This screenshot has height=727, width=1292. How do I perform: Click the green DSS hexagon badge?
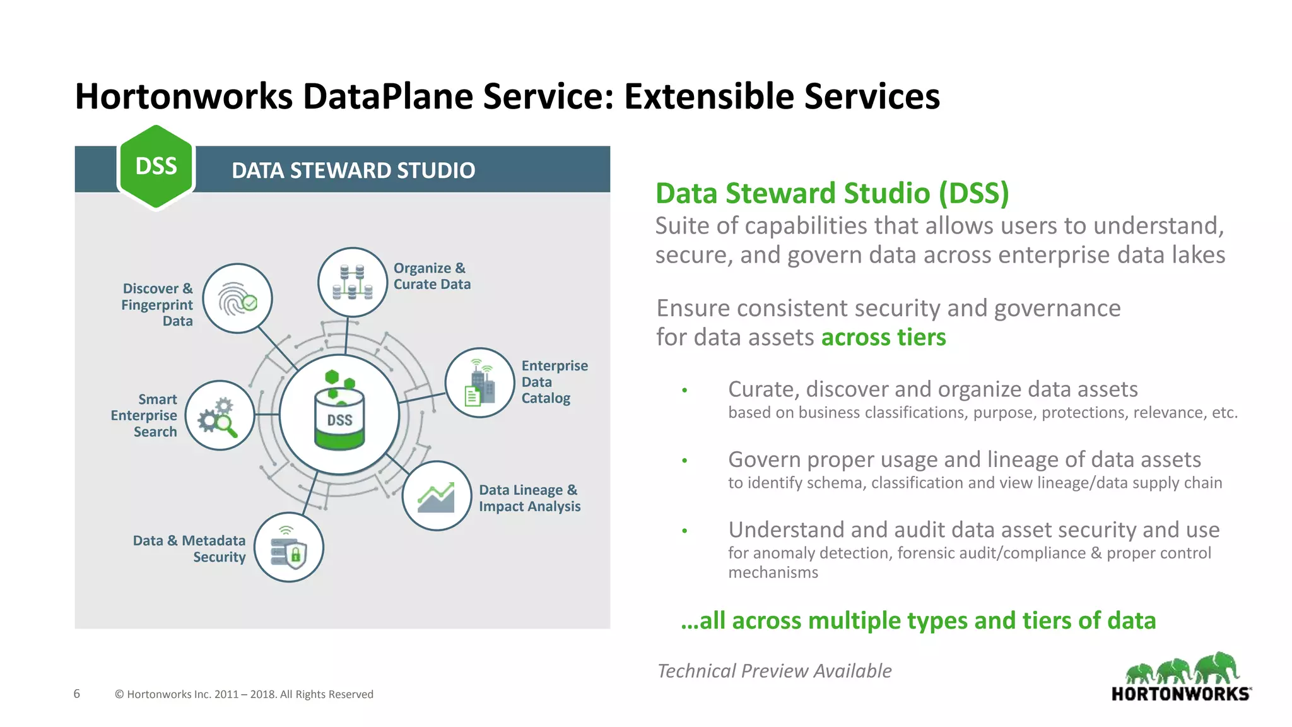tap(156, 167)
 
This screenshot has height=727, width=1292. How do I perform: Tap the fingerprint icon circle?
tap(237, 298)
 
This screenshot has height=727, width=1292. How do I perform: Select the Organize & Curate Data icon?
tap(352, 282)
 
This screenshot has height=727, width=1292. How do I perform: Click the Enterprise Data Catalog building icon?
tap(479, 382)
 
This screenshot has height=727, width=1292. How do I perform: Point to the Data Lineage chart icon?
tap(437, 495)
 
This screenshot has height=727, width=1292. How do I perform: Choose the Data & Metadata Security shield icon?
tap(289, 547)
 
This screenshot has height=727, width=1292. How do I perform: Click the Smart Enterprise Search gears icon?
tap(220, 415)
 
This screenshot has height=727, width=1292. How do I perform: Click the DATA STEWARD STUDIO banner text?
tap(353, 170)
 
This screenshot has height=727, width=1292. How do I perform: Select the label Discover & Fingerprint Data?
tap(158, 305)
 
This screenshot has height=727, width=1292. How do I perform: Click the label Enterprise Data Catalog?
tap(553, 382)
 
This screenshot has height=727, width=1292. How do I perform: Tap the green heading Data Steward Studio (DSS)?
tap(832, 193)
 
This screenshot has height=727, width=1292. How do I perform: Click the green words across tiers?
tap(883, 337)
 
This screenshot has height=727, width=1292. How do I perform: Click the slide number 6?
tap(77, 694)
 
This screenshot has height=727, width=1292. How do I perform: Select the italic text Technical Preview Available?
tap(774, 670)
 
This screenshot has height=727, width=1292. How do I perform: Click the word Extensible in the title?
tap(708, 97)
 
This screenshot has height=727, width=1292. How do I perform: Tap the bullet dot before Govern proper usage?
tap(684, 461)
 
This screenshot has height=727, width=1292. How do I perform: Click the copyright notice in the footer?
tap(244, 694)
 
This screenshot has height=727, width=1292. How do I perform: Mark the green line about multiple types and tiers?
tap(918, 620)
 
